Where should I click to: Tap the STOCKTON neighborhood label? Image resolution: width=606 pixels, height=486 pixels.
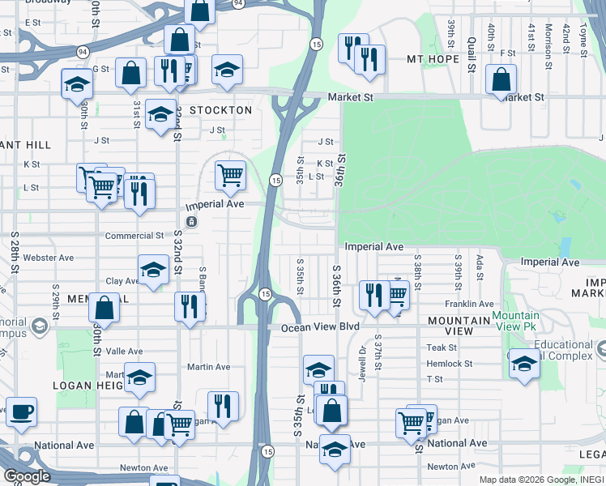coord(220,109)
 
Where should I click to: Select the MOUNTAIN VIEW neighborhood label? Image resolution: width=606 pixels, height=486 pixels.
coord(460,326)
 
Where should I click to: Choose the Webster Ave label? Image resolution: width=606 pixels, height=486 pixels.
coord(49,258)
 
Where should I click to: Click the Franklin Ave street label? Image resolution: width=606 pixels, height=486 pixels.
coord(463,304)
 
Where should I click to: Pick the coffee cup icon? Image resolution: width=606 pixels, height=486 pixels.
coord(20,410)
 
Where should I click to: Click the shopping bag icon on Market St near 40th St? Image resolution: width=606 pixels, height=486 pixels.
coord(501,79)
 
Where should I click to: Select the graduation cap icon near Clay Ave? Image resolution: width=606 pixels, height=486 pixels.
coord(153,270)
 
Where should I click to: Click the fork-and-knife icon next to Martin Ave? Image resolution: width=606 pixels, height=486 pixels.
coord(223,406)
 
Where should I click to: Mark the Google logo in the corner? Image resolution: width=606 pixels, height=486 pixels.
coord(27,476)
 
